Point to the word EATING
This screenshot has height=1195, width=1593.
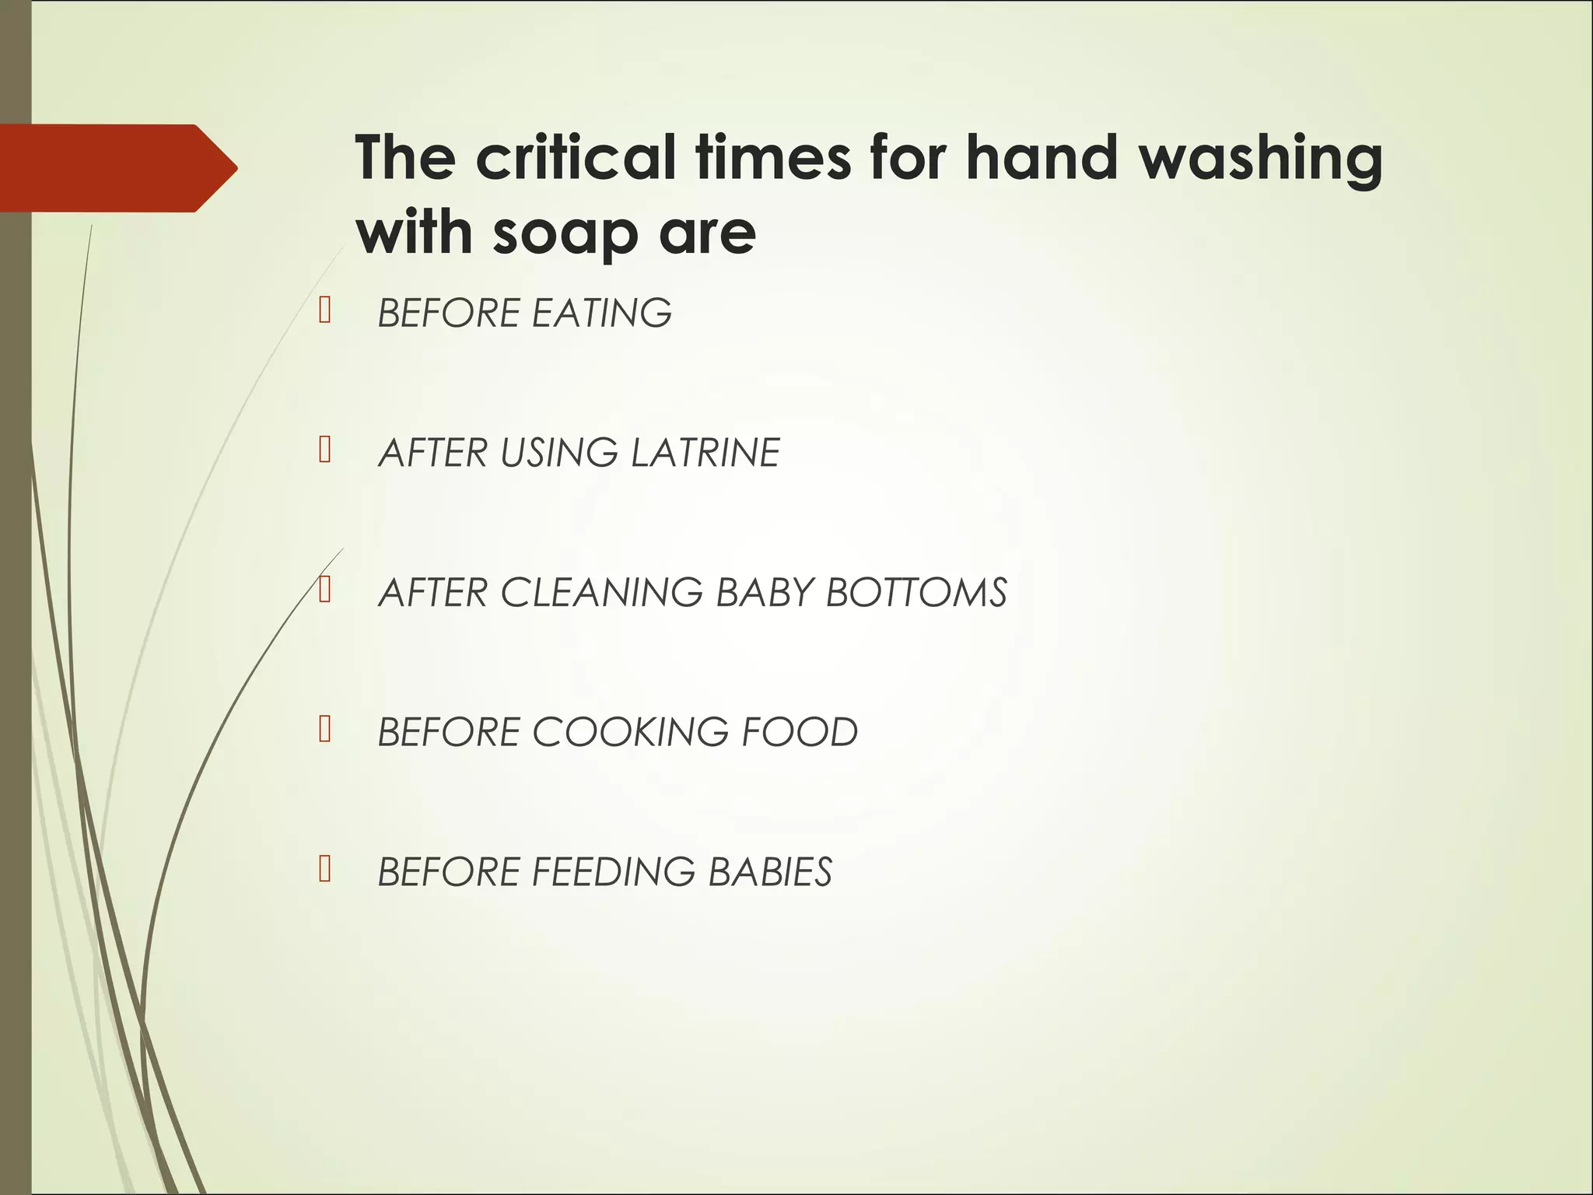tap(601, 314)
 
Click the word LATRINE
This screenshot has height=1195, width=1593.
tap(705, 453)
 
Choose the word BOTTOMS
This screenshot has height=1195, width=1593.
tap(916, 593)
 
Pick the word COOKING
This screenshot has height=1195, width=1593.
tap(630, 732)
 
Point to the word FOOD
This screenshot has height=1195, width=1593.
tap(799, 732)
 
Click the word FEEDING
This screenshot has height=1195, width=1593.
tap(613, 872)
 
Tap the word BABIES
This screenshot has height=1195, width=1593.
tap(770, 872)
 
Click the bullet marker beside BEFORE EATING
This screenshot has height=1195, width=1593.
tap(325, 310)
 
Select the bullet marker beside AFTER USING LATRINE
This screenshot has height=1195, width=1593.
tap(325, 450)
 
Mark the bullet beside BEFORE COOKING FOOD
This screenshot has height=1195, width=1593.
tap(325, 729)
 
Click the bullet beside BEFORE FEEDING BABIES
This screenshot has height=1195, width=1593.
tap(325, 869)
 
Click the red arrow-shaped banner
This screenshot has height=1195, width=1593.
tap(109, 168)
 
